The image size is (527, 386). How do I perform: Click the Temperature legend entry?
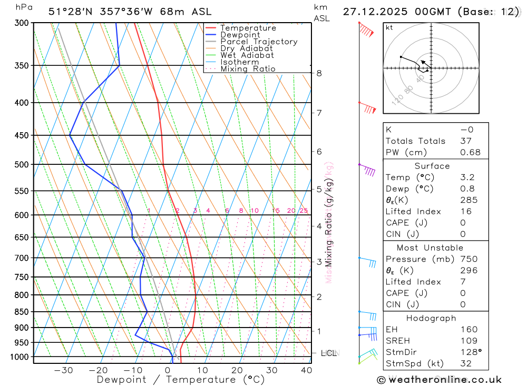click(x=248, y=28)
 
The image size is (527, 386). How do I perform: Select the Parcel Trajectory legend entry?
click(x=259, y=42)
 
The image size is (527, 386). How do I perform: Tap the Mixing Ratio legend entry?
click(x=248, y=69)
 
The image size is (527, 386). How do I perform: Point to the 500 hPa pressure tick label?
click(x=22, y=164)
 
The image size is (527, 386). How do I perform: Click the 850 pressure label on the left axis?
click(x=22, y=312)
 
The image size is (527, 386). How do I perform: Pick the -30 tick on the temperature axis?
click(x=63, y=370)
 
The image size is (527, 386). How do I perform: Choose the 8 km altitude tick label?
click(x=319, y=73)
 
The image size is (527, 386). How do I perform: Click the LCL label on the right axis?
click(x=328, y=353)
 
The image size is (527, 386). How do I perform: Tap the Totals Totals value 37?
click(x=466, y=141)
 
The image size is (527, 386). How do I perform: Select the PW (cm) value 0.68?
click(x=470, y=152)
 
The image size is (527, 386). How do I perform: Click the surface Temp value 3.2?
click(x=467, y=177)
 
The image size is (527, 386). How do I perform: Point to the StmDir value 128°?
click(x=470, y=352)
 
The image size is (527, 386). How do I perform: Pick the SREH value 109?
click(x=469, y=341)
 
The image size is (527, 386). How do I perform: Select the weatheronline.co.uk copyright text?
click(x=439, y=380)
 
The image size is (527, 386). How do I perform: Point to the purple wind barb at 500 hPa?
click(x=367, y=169)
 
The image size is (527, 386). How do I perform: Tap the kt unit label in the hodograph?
click(x=389, y=27)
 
